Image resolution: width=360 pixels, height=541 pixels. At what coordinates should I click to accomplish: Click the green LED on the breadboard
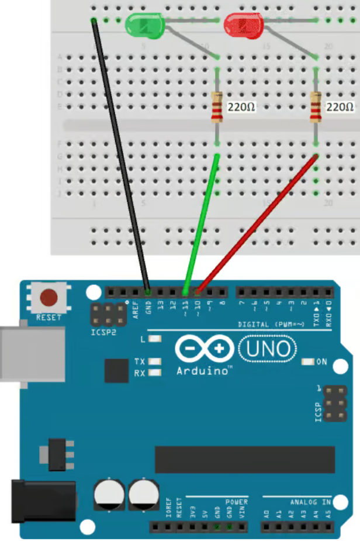click(144, 25)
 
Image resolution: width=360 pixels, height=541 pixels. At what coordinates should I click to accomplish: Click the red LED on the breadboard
click(243, 25)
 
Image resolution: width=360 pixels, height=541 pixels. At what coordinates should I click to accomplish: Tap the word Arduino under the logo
click(203, 370)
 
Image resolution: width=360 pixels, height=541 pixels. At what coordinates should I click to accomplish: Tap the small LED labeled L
click(155, 339)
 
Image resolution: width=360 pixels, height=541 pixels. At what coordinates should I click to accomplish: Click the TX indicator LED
click(155, 361)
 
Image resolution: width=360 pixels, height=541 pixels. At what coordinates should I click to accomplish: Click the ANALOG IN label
click(310, 502)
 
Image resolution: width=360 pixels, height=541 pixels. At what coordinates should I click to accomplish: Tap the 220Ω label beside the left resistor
click(241, 108)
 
